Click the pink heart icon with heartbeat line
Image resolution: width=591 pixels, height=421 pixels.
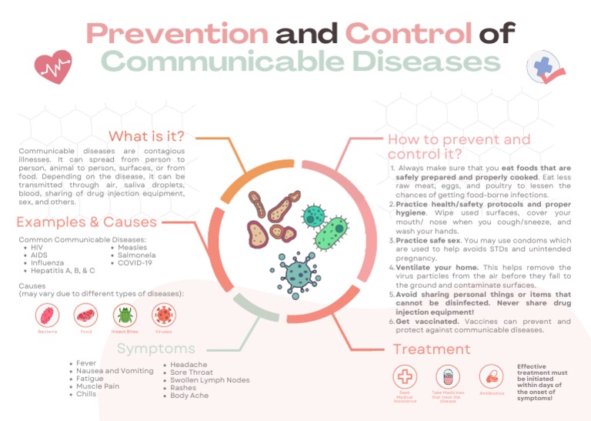pyautogui.click(x=53, y=67)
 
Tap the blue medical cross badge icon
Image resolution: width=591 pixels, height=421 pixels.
pyautogui.click(x=544, y=69)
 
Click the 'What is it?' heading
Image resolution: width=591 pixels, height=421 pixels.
pyautogui.click(x=145, y=136)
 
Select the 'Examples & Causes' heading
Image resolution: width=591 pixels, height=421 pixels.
pyautogui.click(x=86, y=222)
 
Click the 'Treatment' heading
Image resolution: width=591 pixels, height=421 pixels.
pyautogui.click(x=431, y=349)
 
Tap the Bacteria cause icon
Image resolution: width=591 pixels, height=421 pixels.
pyautogui.click(x=48, y=315)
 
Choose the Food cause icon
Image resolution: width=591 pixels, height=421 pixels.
pyautogui.click(x=86, y=315)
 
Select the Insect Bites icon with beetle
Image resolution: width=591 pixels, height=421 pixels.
pyautogui.click(x=124, y=315)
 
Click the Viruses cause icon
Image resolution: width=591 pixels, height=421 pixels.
pyautogui.click(x=162, y=315)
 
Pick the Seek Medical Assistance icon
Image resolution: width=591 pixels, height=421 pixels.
pyautogui.click(x=405, y=376)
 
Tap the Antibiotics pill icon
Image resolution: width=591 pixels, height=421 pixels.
pyautogui.click(x=490, y=376)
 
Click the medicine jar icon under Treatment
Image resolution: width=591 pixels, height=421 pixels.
pyautogui.click(x=447, y=376)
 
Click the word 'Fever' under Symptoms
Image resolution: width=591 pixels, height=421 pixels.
pyautogui.click(x=86, y=363)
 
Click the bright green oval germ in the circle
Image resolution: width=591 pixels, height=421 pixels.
pyautogui.click(x=332, y=234)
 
